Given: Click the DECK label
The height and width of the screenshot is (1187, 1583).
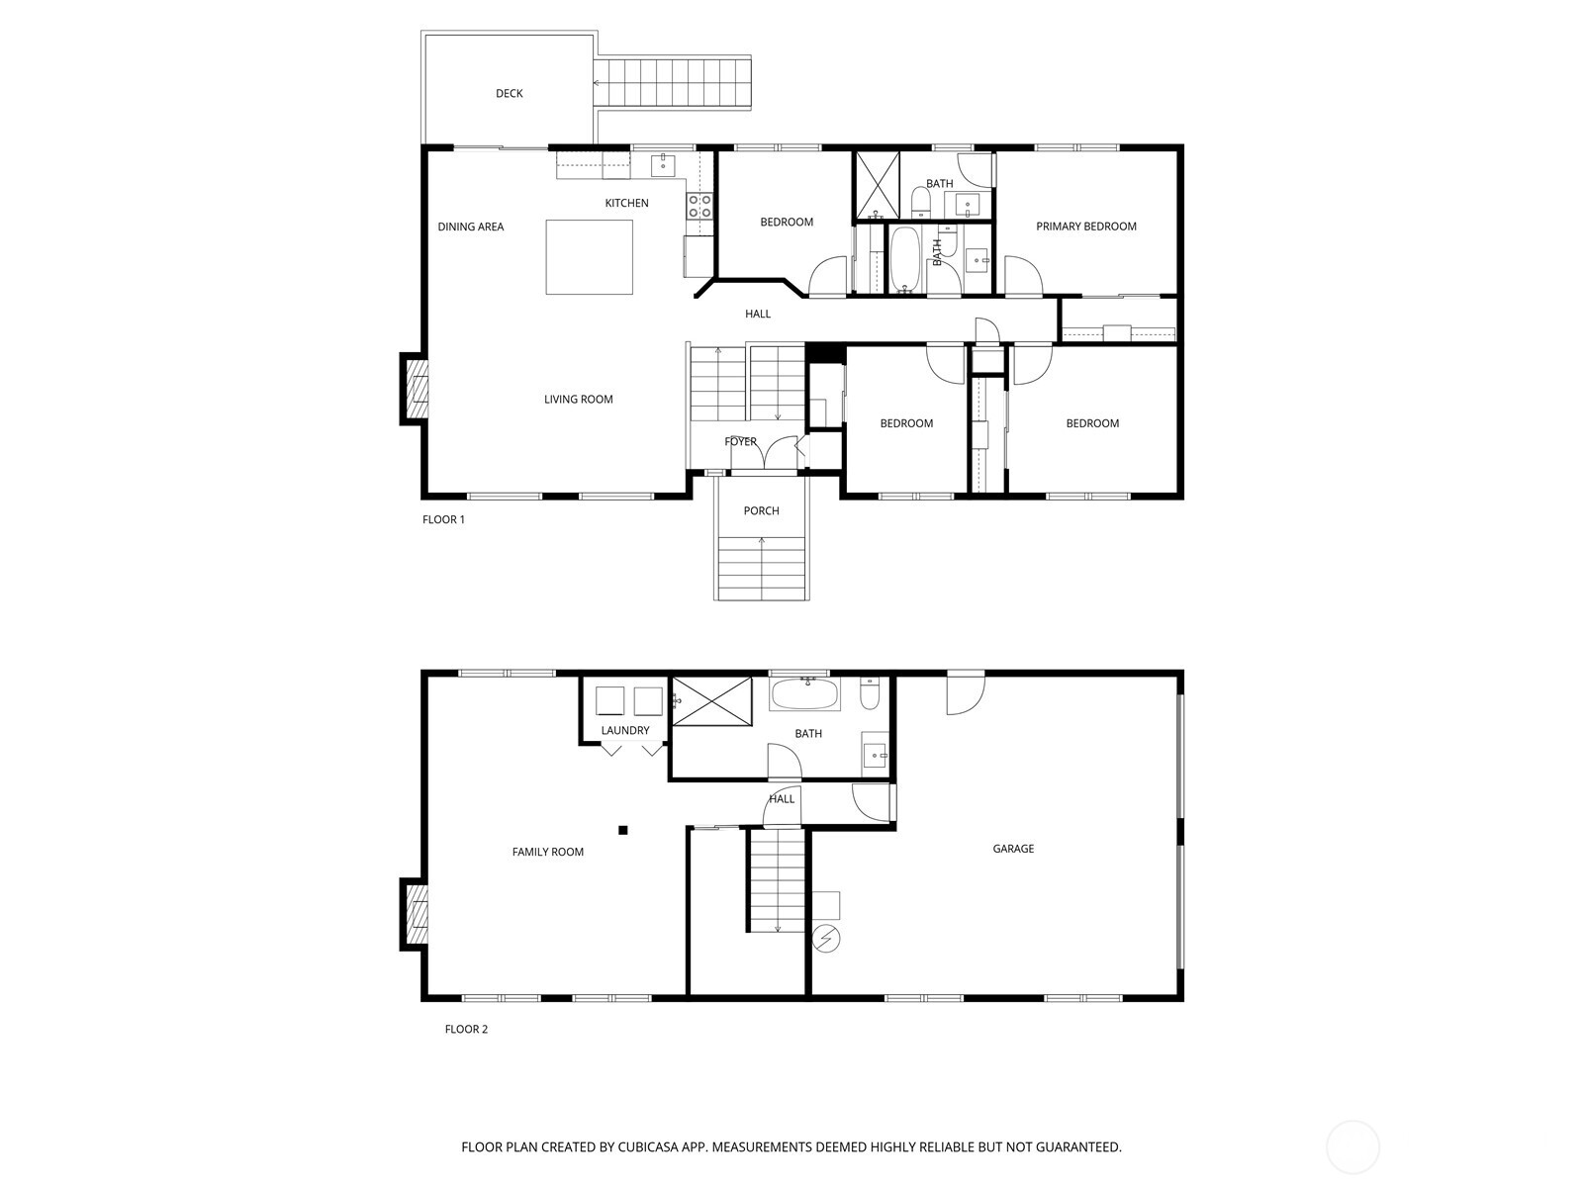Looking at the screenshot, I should [x=510, y=94].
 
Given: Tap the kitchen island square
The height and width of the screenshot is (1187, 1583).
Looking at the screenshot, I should [x=590, y=257].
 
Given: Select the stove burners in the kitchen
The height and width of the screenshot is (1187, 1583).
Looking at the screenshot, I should [x=699, y=206].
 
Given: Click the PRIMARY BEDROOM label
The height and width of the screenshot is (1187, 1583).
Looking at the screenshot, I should [x=1085, y=227].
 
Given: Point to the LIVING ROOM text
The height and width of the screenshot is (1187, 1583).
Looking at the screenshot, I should [x=578, y=400].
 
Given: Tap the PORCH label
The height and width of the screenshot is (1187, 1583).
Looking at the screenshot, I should [x=761, y=511].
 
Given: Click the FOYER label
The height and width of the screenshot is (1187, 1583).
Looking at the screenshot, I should [x=740, y=442].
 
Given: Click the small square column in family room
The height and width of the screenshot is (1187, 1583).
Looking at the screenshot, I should [x=623, y=830].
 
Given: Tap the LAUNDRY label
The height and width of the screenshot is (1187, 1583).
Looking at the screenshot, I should [x=624, y=731].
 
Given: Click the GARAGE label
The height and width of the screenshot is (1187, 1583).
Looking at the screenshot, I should [x=1013, y=849].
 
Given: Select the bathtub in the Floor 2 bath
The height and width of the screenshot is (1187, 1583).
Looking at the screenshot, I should [x=805, y=694].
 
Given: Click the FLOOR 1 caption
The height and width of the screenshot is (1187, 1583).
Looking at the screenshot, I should [x=443, y=520].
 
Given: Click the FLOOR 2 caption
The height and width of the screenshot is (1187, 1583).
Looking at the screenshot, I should [x=466, y=1030].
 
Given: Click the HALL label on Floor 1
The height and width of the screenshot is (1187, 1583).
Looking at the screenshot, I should [x=758, y=315].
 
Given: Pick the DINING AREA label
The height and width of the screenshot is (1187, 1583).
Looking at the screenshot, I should [x=471, y=228].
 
